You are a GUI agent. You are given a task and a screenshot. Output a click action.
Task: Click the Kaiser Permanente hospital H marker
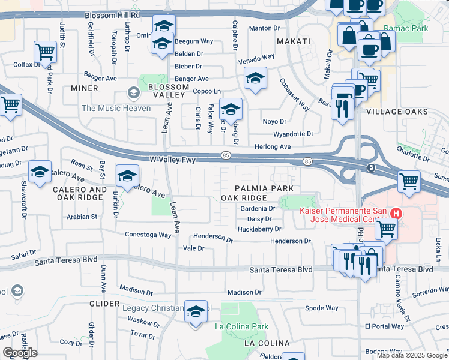(396, 213)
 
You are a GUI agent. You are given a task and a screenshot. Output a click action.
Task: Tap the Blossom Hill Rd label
(112, 15)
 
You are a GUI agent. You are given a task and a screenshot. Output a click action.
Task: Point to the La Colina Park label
(241, 326)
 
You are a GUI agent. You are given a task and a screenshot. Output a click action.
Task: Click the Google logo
(19, 353)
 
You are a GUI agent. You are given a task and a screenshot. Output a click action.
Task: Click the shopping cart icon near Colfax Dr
(45, 52)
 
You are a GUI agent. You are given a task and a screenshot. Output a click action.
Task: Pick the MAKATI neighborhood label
(294, 41)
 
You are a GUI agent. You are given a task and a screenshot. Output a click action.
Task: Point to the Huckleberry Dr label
(259, 229)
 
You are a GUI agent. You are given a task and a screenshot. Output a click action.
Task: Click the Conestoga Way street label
(148, 235)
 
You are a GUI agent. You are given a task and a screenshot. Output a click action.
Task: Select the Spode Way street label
(322, 308)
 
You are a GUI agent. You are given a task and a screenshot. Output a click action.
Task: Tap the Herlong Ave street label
(273, 147)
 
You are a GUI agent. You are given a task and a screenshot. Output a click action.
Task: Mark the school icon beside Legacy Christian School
(196, 311)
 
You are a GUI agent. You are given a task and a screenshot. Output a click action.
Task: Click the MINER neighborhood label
(84, 88)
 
